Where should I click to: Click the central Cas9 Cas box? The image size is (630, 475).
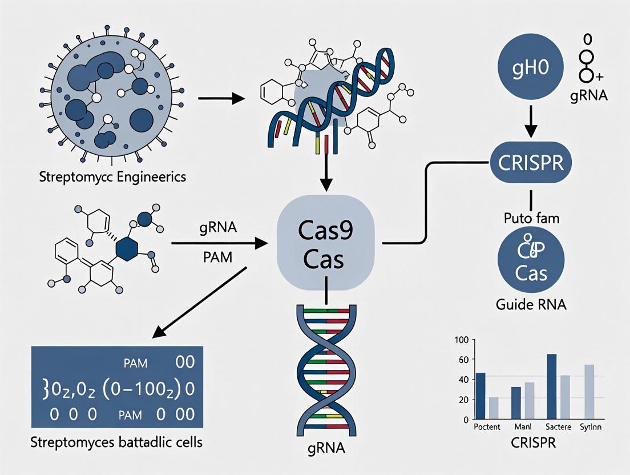pos(325,244)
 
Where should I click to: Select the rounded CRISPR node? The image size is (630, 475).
pos(531,162)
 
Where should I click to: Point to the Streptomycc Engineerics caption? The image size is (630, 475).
pos(113,176)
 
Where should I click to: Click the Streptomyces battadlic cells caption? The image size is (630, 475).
pos(116,442)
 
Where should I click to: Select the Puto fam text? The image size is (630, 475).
pos(531,218)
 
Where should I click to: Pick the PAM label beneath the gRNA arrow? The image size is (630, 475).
pos(217,258)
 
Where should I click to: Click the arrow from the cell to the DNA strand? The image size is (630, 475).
pos(221,99)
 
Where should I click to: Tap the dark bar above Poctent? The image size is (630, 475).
pos(480,396)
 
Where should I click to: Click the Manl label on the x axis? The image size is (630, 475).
pos(522,427)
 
